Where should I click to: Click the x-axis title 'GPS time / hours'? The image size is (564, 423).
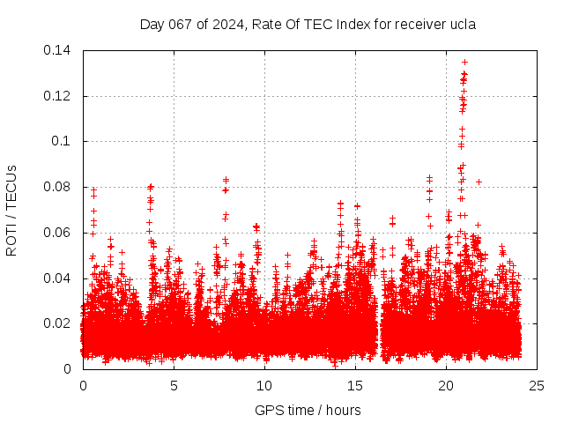point(308,410)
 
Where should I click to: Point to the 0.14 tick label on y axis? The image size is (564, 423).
point(60,50)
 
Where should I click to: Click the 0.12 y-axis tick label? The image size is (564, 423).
point(60,95)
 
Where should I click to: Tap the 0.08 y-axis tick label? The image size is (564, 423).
point(60,187)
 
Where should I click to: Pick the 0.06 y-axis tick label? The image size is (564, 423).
point(60,233)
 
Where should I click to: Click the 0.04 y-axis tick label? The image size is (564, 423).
point(60,278)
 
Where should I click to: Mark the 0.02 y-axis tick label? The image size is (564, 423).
point(60,323)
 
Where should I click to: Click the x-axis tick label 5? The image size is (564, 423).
point(174,385)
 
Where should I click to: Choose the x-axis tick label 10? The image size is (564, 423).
point(264,385)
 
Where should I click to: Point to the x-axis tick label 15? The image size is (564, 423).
point(355,385)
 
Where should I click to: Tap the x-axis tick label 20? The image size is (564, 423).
point(446,385)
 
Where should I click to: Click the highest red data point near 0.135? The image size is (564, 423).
point(464,63)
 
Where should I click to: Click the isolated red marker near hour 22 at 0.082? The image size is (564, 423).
point(479,182)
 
